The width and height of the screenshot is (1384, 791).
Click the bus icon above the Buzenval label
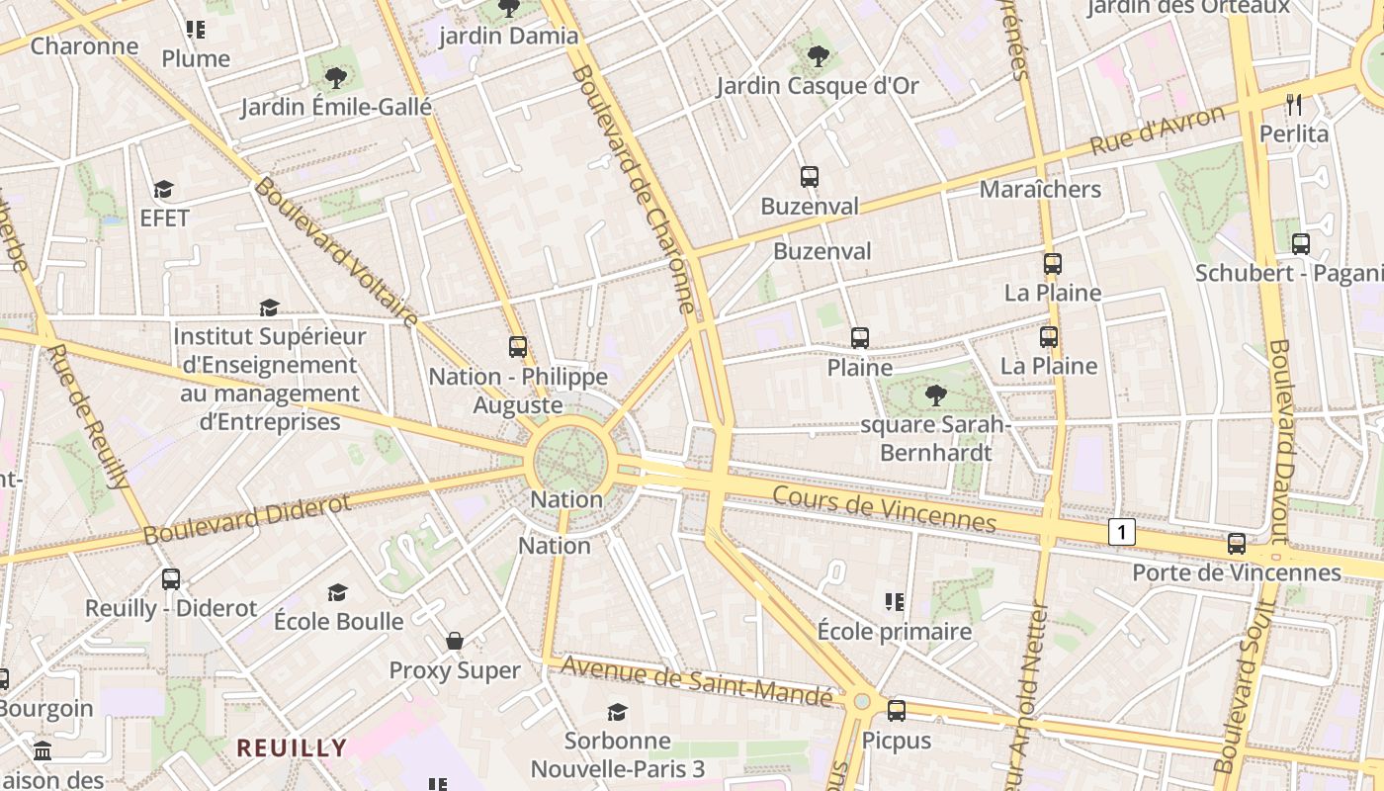(x=810, y=177)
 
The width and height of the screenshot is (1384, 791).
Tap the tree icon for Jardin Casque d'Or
(x=818, y=56)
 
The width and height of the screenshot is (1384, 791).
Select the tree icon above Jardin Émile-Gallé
(x=336, y=77)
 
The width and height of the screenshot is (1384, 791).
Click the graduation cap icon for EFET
(x=163, y=189)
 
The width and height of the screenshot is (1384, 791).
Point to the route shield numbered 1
(x=1121, y=532)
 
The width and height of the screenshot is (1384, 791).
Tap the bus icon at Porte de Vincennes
(x=1237, y=543)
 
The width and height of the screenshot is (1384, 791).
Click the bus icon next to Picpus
(x=897, y=710)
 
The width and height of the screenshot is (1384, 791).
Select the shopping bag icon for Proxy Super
(x=455, y=641)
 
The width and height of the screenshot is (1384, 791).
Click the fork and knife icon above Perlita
(x=1294, y=104)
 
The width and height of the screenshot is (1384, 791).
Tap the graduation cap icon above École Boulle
(x=338, y=592)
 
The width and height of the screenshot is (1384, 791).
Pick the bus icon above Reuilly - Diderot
(x=171, y=578)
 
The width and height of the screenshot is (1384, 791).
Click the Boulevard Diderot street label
(x=247, y=519)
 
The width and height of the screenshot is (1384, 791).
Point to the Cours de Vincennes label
(x=884, y=507)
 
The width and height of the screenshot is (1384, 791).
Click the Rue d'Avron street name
(x=1157, y=130)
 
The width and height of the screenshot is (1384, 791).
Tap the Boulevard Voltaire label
(x=336, y=251)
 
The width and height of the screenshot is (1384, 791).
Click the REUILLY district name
(x=292, y=747)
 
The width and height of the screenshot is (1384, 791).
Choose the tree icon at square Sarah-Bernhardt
(x=935, y=396)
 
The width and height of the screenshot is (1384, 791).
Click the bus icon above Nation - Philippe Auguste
(x=518, y=346)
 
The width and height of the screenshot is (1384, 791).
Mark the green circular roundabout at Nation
(x=570, y=459)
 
